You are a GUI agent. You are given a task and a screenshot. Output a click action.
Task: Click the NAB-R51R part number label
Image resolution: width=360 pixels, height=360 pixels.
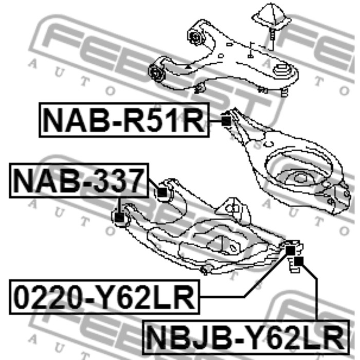coord(124,120)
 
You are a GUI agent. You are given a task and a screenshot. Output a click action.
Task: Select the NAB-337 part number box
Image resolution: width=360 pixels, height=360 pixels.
coord(79,181)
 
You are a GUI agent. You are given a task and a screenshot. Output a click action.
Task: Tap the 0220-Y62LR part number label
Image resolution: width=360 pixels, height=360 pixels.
coord(104,297)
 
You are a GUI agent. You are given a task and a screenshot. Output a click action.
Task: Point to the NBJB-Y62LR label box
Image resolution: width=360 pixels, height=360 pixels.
coord(246,337)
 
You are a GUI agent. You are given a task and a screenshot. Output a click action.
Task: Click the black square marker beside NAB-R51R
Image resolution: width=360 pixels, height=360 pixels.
coord(226,121)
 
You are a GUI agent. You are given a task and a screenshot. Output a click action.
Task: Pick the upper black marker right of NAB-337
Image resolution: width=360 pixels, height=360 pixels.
coord(163,192)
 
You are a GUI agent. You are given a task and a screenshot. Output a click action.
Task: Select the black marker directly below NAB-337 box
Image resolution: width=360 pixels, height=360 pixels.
coord(119,217)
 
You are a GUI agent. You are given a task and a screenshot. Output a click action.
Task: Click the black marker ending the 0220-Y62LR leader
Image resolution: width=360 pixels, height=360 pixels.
coord(290,250)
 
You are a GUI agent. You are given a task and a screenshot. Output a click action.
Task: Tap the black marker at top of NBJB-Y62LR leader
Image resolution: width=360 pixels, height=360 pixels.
coord(299,261)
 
